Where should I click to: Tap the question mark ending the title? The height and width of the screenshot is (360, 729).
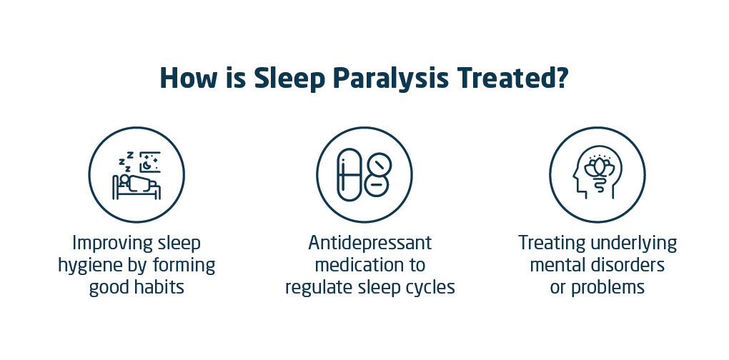561,78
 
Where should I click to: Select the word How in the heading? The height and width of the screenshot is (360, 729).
188,78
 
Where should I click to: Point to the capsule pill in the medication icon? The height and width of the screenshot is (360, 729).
349,175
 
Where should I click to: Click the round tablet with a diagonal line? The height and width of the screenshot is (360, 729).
380,165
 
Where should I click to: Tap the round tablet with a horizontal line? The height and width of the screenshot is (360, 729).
377,185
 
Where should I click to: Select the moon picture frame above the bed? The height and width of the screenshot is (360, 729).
150,161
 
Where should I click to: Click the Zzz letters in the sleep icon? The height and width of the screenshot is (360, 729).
126,161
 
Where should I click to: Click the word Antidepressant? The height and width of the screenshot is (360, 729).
370,242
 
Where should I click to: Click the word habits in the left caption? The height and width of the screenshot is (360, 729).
159,287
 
